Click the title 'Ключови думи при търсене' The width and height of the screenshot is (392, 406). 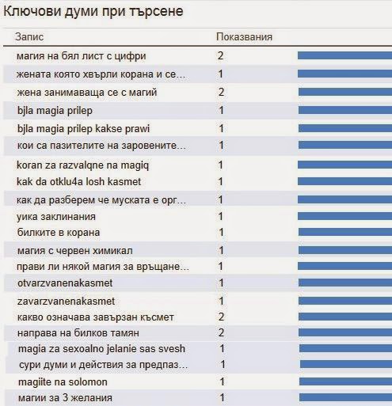click(x=93, y=11)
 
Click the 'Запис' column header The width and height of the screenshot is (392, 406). click(x=29, y=36)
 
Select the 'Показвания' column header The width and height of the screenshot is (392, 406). click(x=244, y=37)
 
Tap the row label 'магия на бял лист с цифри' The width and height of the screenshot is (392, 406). click(x=82, y=56)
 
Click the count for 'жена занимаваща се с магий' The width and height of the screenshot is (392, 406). click(x=221, y=92)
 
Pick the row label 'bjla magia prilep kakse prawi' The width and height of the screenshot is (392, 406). click(x=83, y=129)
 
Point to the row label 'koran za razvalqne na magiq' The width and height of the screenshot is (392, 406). click(x=82, y=165)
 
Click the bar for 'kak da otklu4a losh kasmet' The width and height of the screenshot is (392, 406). click(x=345, y=181)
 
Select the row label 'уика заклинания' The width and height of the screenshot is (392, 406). click(x=56, y=217)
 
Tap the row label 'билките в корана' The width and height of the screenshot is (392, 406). click(x=59, y=233)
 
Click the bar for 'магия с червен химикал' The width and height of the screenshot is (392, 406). click(x=345, y=250)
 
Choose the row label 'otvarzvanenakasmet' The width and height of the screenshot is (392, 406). click(x=65, y=283)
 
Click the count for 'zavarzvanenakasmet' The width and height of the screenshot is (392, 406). click(x=221, y=301)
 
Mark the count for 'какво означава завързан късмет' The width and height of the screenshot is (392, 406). click(x=221, y=317)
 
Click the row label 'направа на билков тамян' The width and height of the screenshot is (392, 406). click(x=78, y=333)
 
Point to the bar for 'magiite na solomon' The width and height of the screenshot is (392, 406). click(x=345, y=381)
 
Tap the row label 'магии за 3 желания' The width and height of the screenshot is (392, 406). click(x=65, y=398)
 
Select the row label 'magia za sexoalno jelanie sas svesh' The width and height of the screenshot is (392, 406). click(x=101, y=349)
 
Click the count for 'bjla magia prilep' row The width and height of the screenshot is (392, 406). click(x=221, y=110)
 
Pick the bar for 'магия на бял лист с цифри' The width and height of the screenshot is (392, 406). click(x=345, y=55)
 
